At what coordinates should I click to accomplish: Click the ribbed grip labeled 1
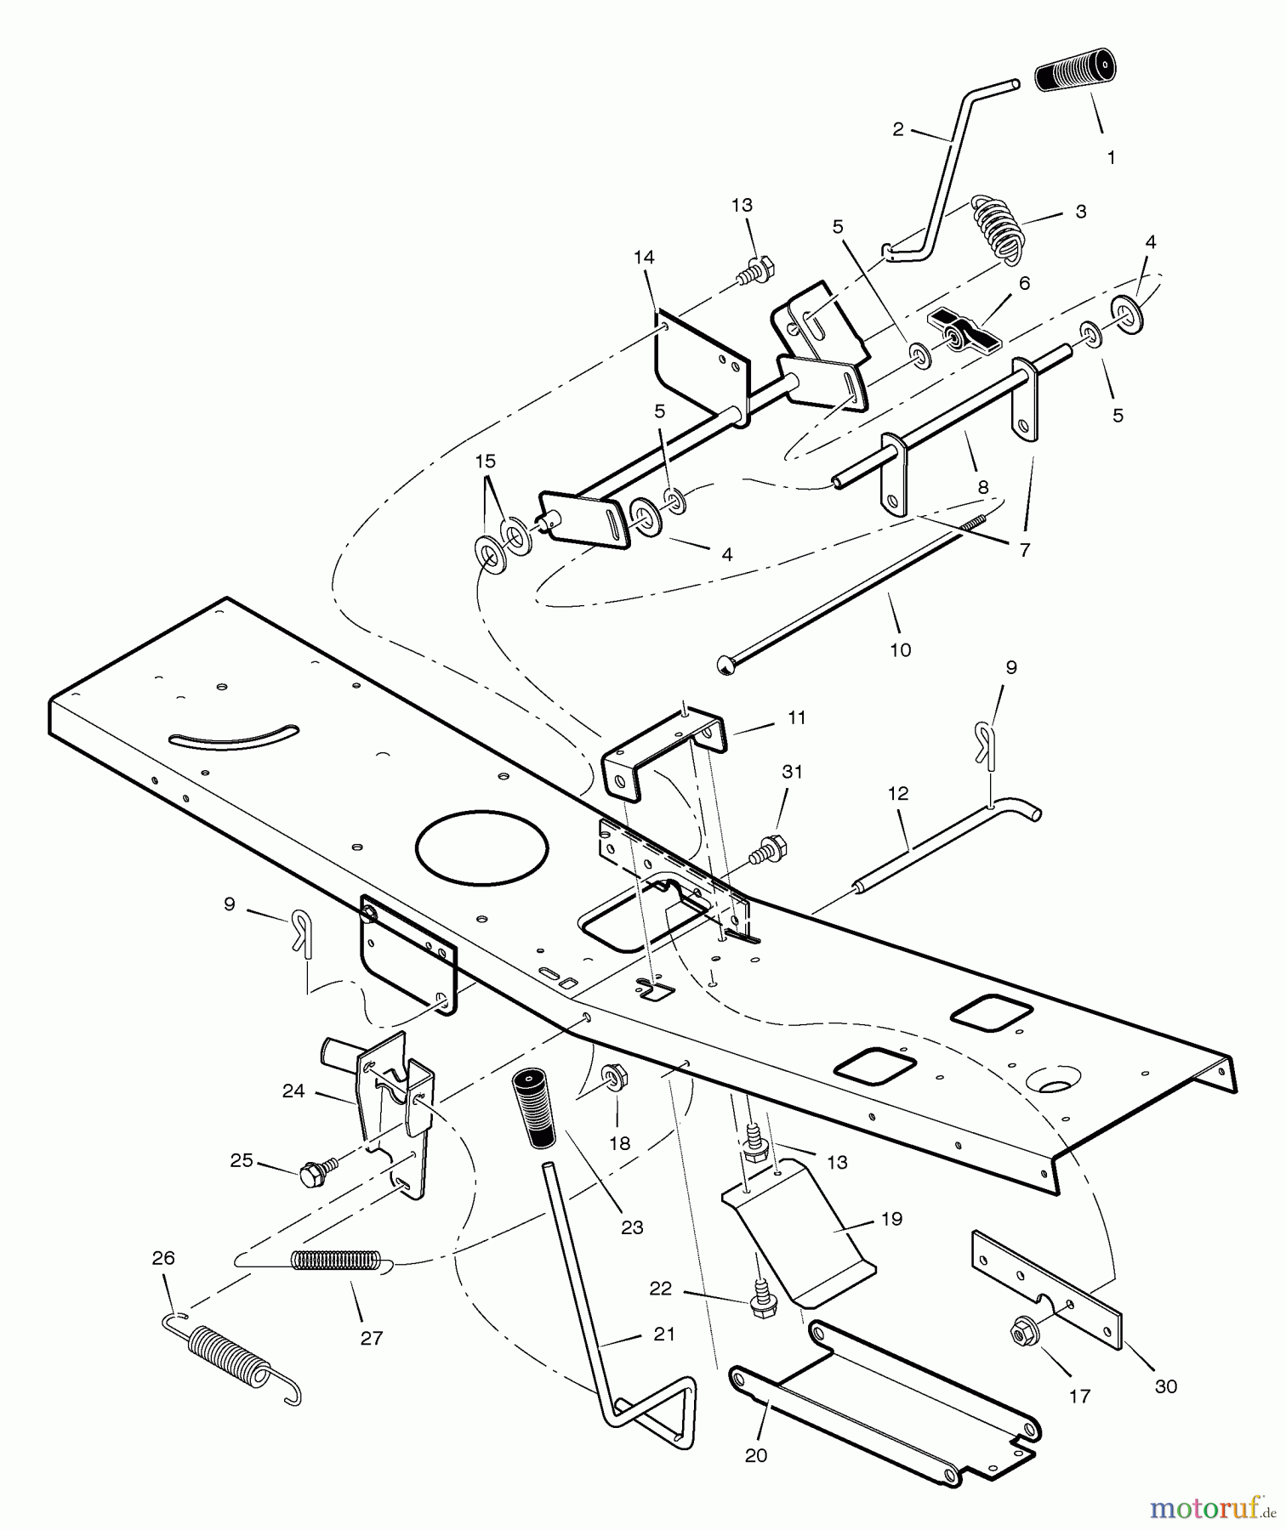tap(1075, 71)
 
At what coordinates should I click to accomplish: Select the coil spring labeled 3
tap(997, 227)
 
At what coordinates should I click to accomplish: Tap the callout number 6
tap(1024, 283)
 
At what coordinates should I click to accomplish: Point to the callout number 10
tap(900, 650)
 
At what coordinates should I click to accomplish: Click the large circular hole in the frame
tap(482, 845)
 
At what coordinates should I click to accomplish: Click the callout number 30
tap(1165, 1386)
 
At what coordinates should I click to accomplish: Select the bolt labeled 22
tap(763, 1306)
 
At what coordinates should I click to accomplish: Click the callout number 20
tap(755, 1455)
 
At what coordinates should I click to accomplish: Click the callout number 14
tap(644, 257)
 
